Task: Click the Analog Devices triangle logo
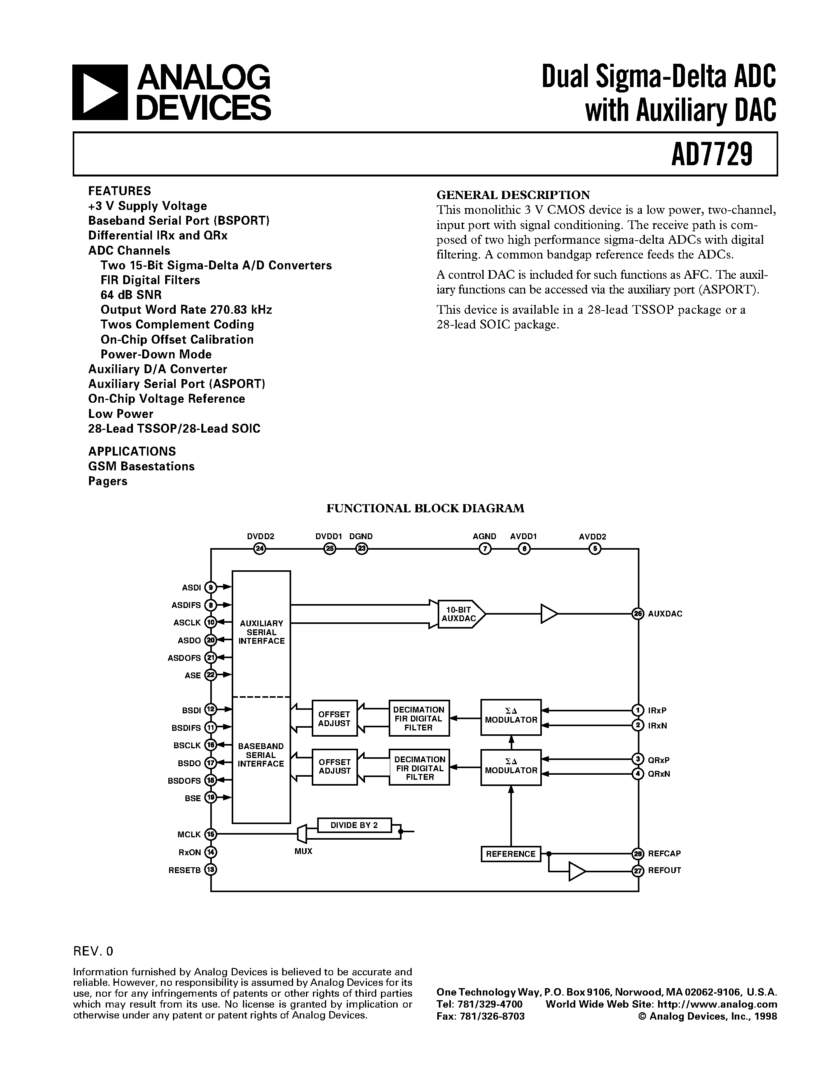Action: (100, 93)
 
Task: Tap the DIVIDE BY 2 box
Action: (354, 825)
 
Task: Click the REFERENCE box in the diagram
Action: (511, 854)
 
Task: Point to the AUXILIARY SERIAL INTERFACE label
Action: (261, 632)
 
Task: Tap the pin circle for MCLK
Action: (210, 834)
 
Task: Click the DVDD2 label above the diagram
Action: (260, 536)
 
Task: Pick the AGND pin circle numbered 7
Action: (484, 549)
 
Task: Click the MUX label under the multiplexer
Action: (304, 851)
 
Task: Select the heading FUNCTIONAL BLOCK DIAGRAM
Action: (425, 508)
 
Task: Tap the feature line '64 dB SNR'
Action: (131, 295)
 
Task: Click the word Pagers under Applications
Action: (108, 481)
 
